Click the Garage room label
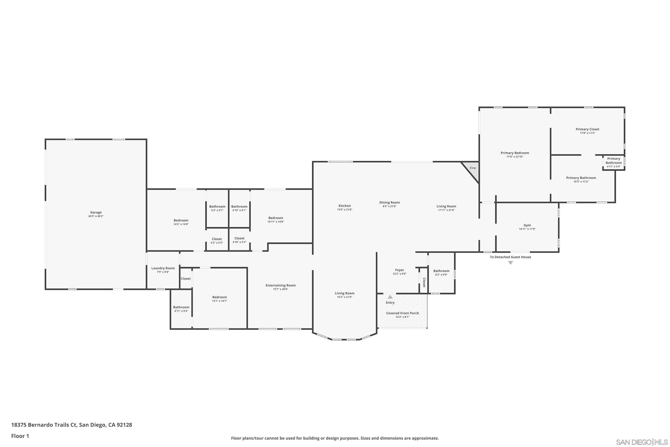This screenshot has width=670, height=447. [96, 212]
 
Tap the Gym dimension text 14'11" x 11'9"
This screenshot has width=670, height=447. [527, 229]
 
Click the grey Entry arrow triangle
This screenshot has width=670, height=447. [390, 297]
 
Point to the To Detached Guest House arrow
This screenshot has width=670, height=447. [511, 263]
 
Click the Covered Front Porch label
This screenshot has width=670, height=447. [402, 313]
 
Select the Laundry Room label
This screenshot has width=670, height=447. [163, 268]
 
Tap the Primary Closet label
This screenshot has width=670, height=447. [587, 129]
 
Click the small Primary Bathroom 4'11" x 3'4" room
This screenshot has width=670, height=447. [613, 162]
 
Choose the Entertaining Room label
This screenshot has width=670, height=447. [280, 285]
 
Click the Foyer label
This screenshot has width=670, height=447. [399, 270]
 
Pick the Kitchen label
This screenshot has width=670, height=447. [344, 206]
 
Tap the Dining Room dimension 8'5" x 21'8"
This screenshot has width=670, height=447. [389, 206]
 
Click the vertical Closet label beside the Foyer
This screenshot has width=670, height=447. [424, 282]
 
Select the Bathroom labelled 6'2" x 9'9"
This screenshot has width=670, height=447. [441, 272]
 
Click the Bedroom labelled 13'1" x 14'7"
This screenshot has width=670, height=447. [219, 299]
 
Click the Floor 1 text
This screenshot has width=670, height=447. [20, 436]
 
